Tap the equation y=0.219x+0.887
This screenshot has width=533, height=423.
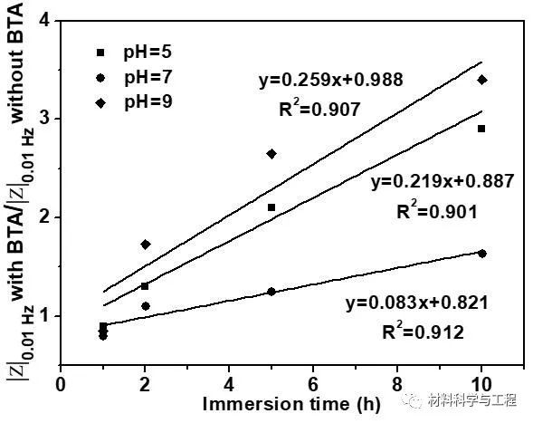coord(443,181)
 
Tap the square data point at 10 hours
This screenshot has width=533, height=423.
coord(481,129)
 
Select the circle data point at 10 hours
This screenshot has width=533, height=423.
coord(481,254)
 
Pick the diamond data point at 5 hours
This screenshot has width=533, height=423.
coord(271,154)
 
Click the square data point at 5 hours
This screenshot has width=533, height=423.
coord(271,207)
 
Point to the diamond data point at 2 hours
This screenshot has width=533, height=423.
coord(145,245)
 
